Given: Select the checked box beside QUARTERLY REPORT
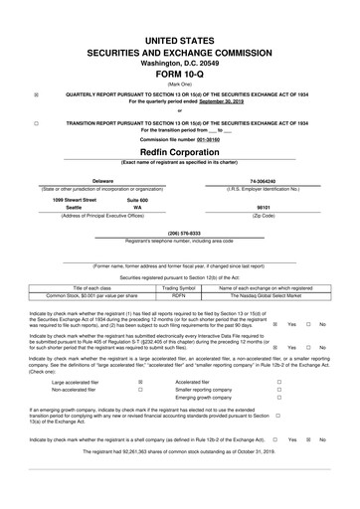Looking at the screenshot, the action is (37, 95).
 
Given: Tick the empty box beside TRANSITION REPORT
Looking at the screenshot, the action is (37, 122).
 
